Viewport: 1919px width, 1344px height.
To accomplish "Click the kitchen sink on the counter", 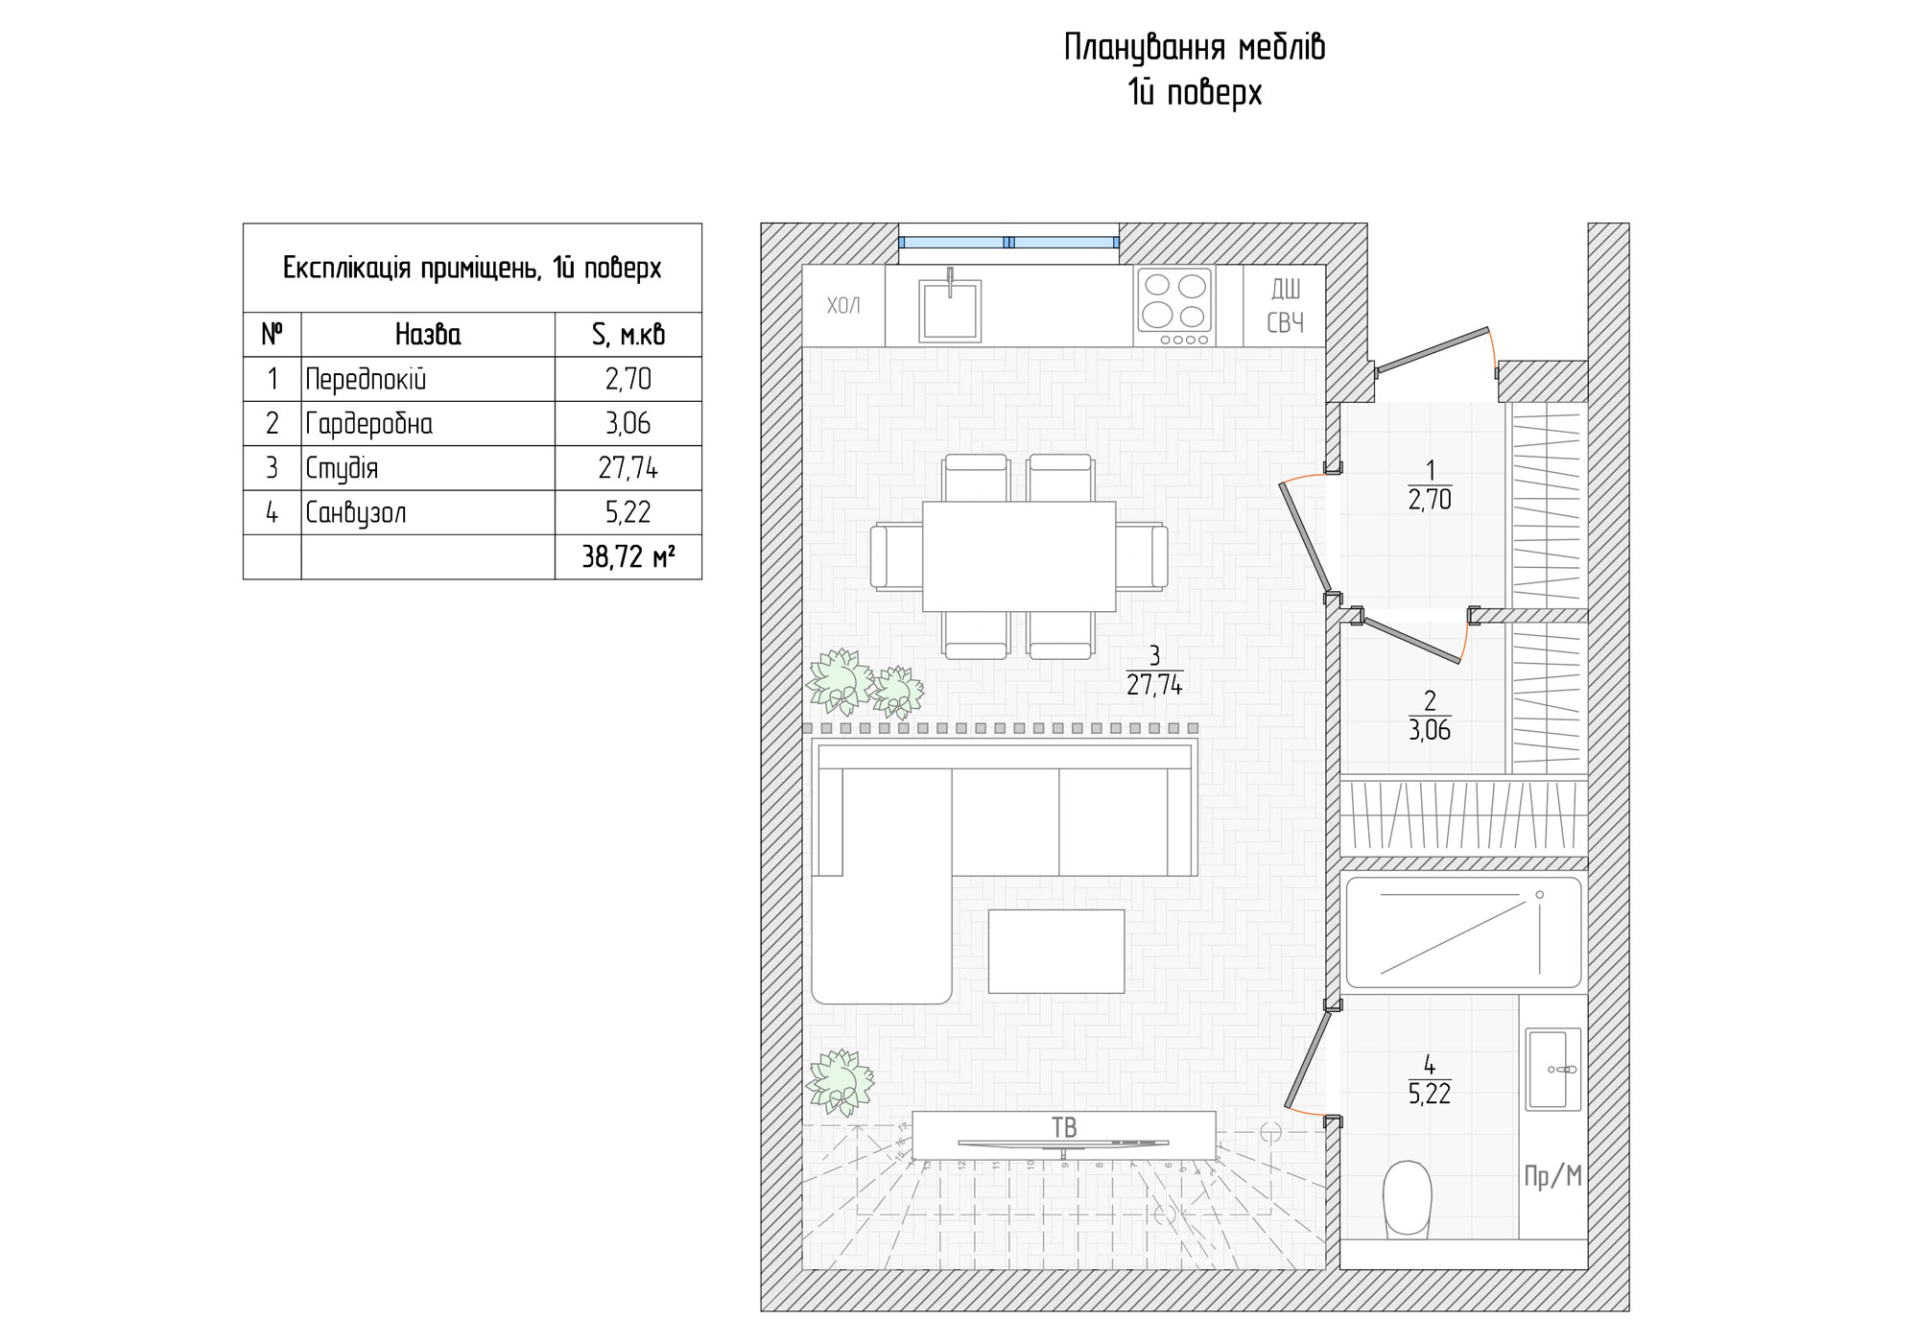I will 950,310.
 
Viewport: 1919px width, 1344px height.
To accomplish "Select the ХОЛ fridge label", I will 843,306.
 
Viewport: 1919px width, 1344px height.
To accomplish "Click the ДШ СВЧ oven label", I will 1286,306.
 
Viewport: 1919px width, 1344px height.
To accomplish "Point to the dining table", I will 1019,556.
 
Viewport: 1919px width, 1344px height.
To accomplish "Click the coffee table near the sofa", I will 1055,952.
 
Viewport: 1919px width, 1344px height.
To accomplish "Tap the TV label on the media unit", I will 1064,1127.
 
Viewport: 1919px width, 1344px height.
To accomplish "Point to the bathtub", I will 1462,932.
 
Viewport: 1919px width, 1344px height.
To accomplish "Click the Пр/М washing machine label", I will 1552,1175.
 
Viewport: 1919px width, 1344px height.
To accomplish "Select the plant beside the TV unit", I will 841,1082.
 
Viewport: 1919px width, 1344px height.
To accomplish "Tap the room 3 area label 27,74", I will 1154,684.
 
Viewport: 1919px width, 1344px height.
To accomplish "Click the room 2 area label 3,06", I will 1429,730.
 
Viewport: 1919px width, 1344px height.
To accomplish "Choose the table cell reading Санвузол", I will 356,513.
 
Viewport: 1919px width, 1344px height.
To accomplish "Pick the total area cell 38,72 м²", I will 628,557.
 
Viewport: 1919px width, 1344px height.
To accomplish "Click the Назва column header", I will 428,335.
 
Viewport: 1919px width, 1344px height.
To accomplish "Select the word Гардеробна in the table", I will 368,424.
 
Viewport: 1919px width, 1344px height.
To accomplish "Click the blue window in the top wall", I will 1008,243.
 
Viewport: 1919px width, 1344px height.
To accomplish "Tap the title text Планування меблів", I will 1195,47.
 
